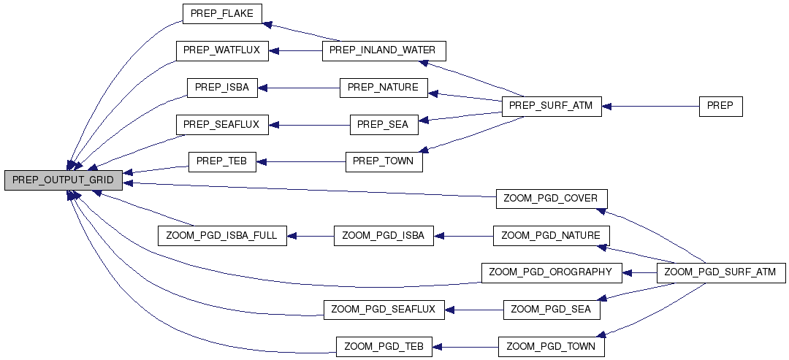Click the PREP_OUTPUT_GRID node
[x=63, y=180]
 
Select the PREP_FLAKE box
[x=221, y=14]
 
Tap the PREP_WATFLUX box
[x=222, y=51]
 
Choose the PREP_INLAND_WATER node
[x=382, y=50]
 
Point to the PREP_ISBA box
[x=222, y=88]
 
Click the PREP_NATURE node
[x=383, y=88]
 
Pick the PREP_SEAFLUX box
[x=222, y=124]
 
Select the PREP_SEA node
[x=384, y=124]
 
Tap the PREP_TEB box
[x=222, y=161]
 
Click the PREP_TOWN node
[x=384, y=161]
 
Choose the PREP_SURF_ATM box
[x=551, y=106]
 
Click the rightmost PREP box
[x=720, y=106]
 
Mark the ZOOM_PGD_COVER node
[x=552, y=199]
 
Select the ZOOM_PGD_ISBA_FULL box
[x=222, y=236]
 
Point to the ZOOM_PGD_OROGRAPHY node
[x=551, y=272]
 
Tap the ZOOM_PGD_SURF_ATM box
[x=721, y=272]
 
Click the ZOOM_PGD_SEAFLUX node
[x=383, y=310]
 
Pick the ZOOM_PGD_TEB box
[x=384, y=346]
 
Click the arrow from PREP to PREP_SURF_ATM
[x=650, y=106]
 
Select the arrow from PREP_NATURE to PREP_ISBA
[x=299, y=88]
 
